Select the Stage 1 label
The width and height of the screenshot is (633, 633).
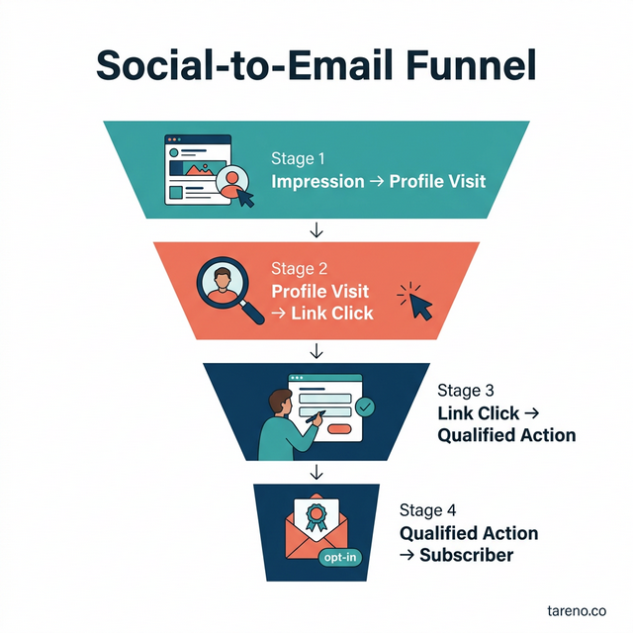[297, 158]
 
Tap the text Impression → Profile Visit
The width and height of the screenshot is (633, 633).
[379, 182]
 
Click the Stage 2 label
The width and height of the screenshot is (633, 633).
[298, 268]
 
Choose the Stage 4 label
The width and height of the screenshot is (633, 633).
[427, 510]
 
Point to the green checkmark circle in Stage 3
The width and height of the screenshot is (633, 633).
[365, 406]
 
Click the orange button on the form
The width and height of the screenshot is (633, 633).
[340, 429]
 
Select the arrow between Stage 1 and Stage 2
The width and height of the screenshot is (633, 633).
[316, 230]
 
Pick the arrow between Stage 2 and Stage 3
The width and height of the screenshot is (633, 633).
[316, 351]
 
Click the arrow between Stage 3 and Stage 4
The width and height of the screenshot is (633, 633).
[316, 471]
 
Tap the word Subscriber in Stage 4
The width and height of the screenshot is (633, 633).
[466, 555]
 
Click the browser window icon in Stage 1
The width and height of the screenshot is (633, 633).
[196, 170]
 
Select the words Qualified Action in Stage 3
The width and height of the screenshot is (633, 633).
[505, 434]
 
